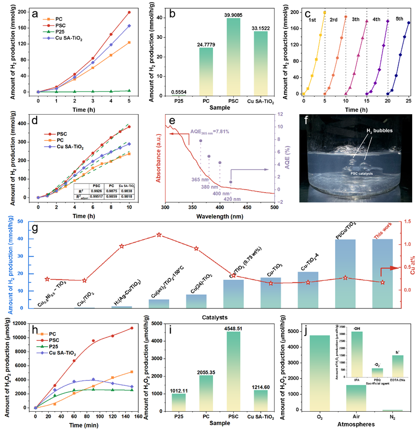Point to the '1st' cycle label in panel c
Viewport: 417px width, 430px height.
[x=314, y=21]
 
